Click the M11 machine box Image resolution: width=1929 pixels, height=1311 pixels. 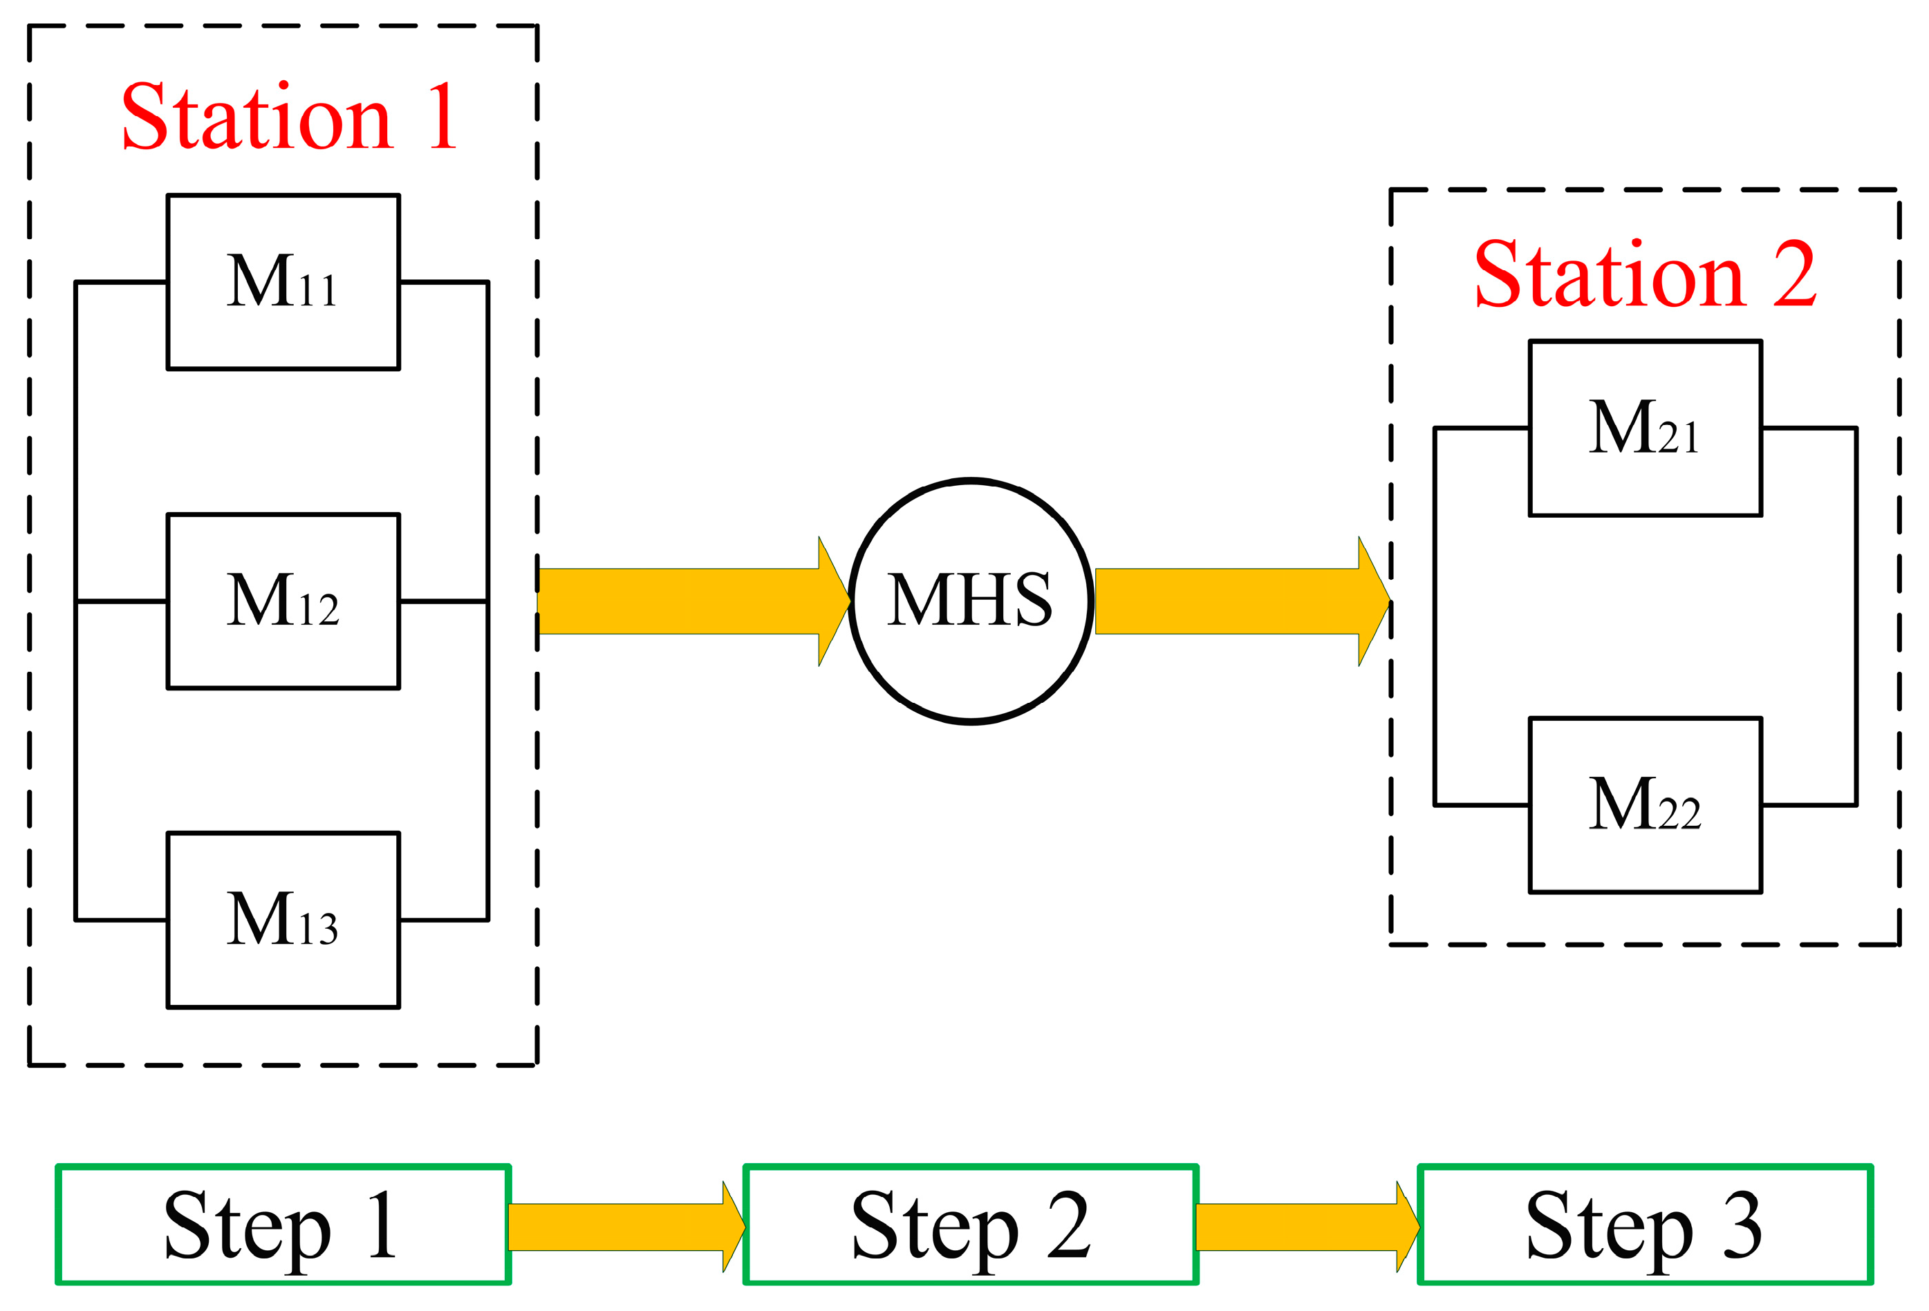283,282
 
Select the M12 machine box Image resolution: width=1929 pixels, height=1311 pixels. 283,601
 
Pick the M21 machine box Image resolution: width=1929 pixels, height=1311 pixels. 1645,428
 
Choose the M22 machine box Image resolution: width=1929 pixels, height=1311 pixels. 1645,805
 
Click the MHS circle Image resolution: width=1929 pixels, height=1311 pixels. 970,601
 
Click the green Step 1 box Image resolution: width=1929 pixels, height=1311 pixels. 283,1225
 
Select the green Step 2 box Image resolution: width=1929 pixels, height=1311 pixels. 970,1225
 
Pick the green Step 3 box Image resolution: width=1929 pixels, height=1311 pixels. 1645,1225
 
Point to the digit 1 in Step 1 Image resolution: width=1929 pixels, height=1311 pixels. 382,1225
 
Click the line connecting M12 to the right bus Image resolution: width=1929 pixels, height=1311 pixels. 442,601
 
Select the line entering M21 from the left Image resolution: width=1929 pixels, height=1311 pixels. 1482,428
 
